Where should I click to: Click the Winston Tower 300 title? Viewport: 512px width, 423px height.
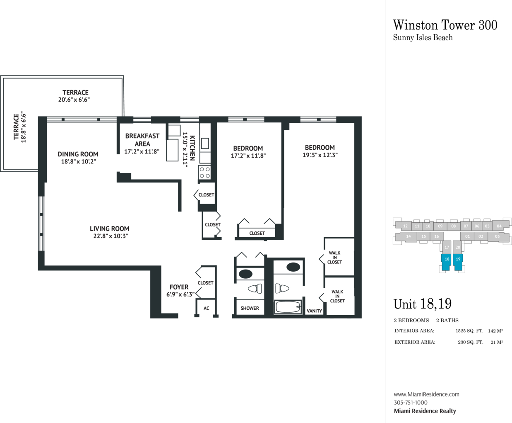tap(445, 25)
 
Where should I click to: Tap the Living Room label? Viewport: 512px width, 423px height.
tap(109, 229)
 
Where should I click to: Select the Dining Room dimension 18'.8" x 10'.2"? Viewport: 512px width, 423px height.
tap(79, 162)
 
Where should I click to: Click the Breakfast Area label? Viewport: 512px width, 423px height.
tap(142, 140)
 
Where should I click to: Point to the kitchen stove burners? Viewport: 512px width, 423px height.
tap(204, 173)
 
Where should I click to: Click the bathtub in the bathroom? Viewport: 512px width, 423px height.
tap(288, 307)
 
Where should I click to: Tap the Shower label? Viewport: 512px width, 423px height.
tap(250, 308)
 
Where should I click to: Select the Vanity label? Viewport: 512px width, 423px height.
tap(314, 311)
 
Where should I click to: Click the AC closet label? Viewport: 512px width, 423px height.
tap(206, 308)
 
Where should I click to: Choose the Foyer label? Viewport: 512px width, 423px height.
tap(179, 287)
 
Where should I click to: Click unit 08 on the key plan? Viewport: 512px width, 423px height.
tap(453, 226)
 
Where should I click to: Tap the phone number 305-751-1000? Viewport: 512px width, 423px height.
tap(411, 403)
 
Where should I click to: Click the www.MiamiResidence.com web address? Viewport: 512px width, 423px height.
tap(426, 394)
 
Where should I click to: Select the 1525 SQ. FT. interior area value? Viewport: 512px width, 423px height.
tap(469, 331)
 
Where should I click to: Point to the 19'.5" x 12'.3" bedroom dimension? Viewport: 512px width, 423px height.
tap(320, 155)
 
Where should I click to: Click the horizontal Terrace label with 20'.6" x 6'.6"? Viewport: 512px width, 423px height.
tap(75, 96)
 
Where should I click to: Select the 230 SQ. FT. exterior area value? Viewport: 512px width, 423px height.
tap(471, 342)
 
